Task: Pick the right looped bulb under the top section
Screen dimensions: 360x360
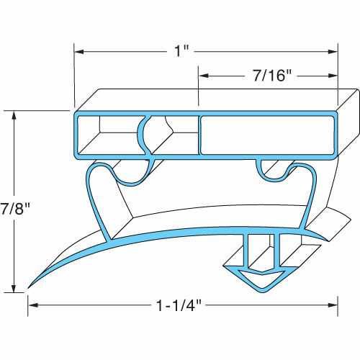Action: pyautogui.click(x=276, y=171)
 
